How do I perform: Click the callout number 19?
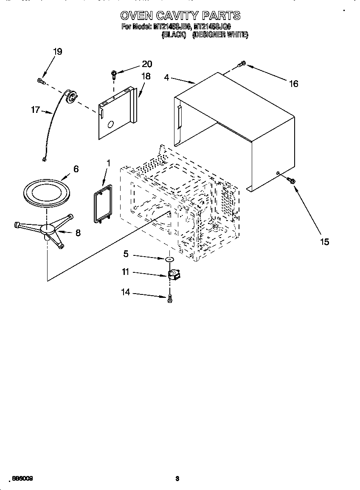57,51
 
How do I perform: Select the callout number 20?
146,64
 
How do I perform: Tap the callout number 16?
293,84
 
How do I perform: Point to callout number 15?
324,242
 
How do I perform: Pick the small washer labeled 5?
170,259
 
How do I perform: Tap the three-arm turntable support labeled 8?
46,229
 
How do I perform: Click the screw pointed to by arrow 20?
114,75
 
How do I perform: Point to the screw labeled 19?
41,81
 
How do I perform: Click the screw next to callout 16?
242,64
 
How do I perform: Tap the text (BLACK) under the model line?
174,35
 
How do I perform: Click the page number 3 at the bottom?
178,479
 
